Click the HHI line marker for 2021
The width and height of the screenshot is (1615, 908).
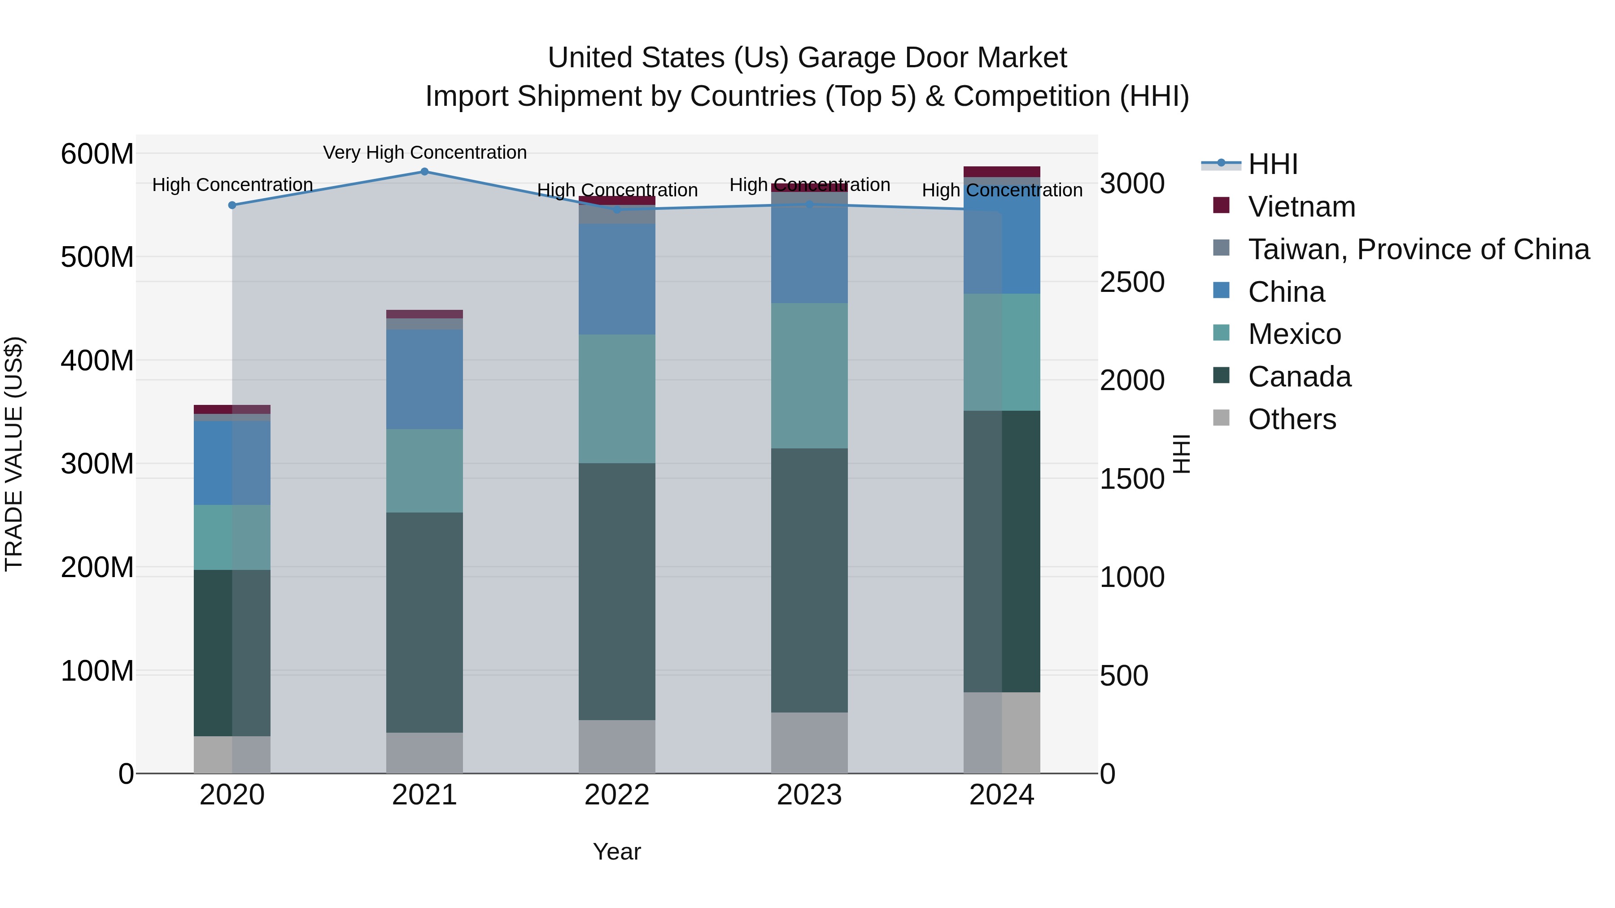pos(424,172)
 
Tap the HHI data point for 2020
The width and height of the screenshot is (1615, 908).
pos(232,205)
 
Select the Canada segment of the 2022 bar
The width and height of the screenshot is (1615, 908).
pos(616,591)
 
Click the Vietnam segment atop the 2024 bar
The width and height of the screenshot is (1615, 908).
pos(1001,172)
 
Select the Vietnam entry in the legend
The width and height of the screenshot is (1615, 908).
pos(1301,207)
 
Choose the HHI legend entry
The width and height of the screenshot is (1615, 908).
pos(1272,164)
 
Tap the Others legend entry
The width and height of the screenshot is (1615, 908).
pos(1292,419)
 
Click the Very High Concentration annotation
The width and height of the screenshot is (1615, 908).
pos(424,152)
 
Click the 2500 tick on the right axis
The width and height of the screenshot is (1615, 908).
pos(1132,282)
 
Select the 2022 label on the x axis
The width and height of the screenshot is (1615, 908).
pos(616,795)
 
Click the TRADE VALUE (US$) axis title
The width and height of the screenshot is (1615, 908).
pos(14,454)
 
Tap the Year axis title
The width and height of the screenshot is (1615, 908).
pos(616,852)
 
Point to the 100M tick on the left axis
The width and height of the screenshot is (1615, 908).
pos(97,671)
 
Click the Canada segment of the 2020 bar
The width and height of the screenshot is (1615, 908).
pos(232,652)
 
